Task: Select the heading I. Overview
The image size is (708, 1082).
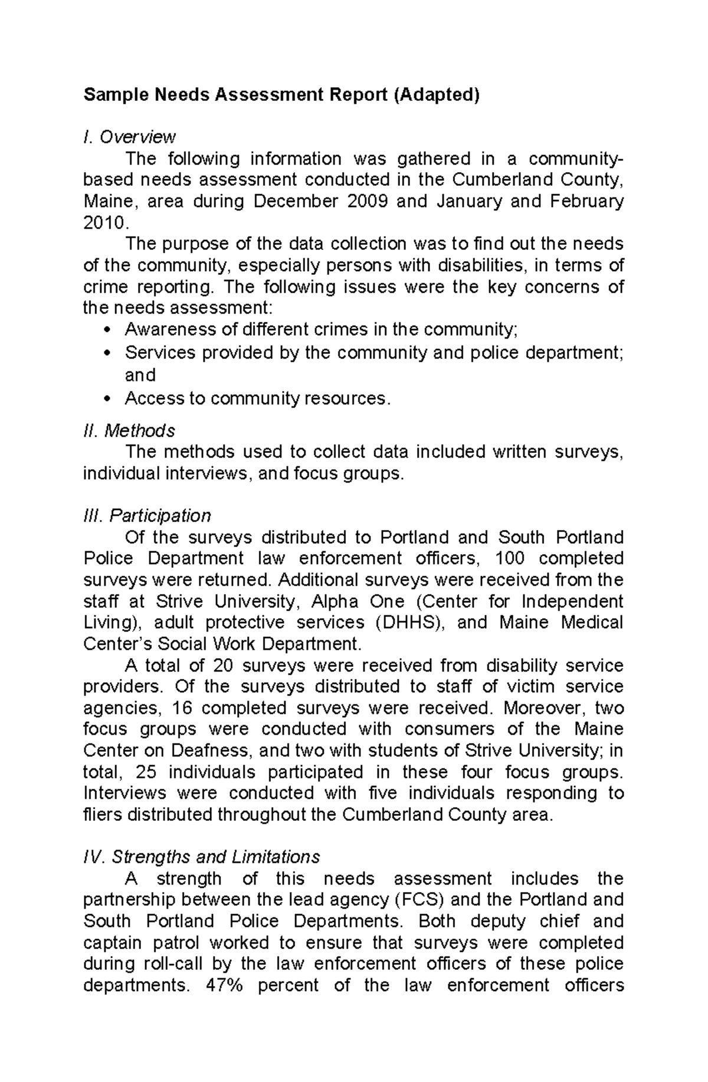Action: tap(129, 137)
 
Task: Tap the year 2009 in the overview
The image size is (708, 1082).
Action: tap(368, 202)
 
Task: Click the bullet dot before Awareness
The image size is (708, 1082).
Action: tap(106, 330)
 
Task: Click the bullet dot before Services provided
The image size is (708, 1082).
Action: tap(106, 353)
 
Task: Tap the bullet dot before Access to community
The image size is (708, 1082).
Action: tap(106, 399)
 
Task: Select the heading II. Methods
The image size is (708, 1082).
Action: tap(129, 431)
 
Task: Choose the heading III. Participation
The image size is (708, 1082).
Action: tap(147, 516)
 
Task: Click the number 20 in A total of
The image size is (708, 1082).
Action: tap(222, 666)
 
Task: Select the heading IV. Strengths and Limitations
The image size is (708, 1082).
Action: tap(202, 856)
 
